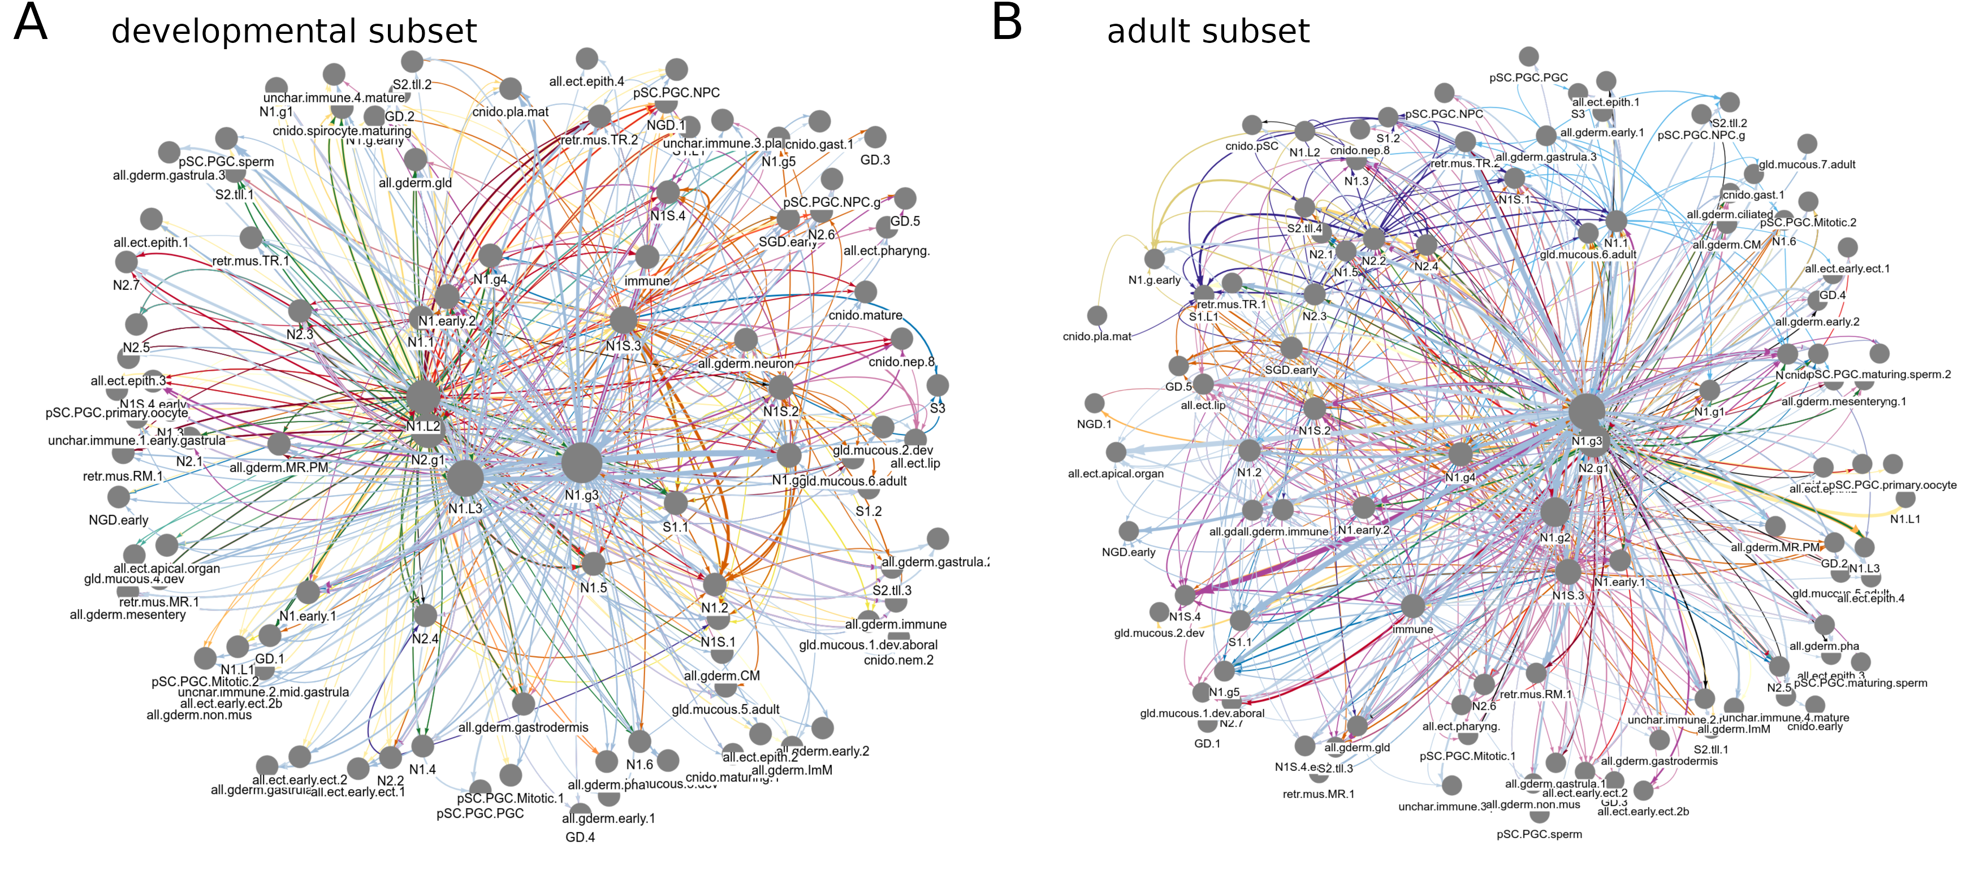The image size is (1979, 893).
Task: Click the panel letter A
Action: [x=31, y=23]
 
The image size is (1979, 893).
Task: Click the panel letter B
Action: [x=1006, y=23]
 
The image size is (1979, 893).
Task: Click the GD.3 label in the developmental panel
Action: [x=875, y=160]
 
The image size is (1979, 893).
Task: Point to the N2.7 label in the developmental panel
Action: [x=126, y=285]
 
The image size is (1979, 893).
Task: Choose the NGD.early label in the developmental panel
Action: [x=118, y=520]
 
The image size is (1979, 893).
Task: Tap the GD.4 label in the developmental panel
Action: [x=580, y=837]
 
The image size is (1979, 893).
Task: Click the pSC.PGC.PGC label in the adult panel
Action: [x=1528, y=77]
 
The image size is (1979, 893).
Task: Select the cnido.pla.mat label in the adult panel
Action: [x=1096, y=336]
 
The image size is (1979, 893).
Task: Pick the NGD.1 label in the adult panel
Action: [x=1094, y=424]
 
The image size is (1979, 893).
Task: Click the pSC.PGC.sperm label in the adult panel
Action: [x=1539, y=834]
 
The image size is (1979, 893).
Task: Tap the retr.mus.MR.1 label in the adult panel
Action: [x=1319, y=794]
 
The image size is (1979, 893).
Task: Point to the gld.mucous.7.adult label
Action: [x=1807, y=164]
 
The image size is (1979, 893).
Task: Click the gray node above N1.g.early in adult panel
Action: [x=1154, y=259]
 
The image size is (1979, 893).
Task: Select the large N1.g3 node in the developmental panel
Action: [x=582, y=462]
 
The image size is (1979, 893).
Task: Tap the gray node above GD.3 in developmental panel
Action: [x=875, y=137]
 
